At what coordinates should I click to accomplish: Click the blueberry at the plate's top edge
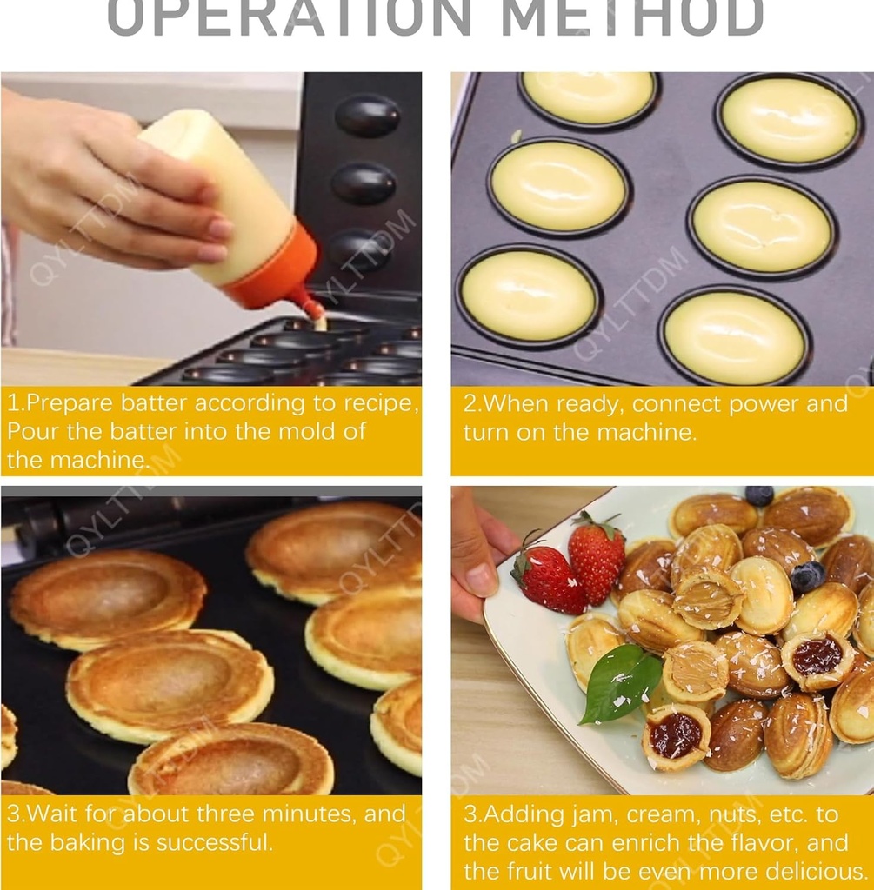[758, 495]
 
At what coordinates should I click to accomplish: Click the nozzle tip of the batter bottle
[318, 320]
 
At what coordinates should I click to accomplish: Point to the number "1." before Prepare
[16, 404]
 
